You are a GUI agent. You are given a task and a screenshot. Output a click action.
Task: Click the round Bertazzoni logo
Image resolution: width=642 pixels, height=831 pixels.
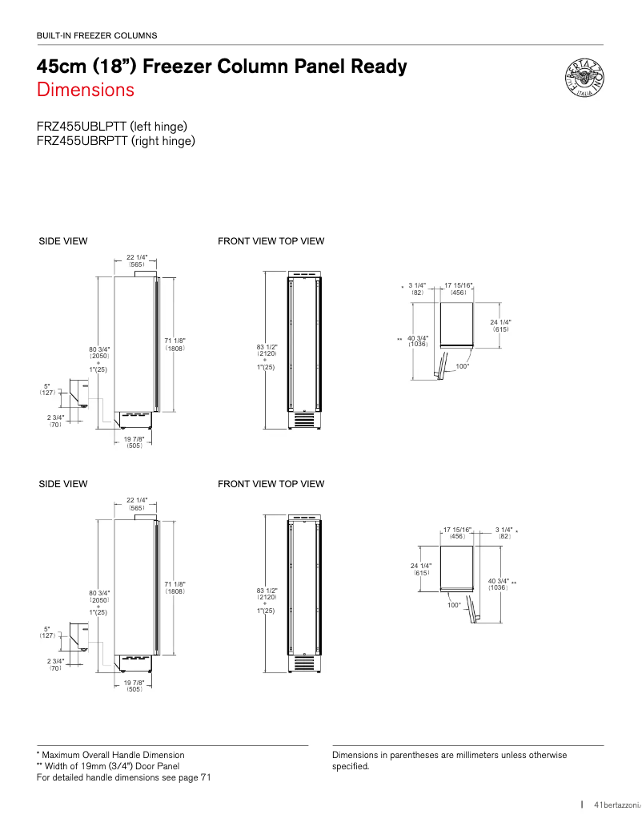[x=584, y=79]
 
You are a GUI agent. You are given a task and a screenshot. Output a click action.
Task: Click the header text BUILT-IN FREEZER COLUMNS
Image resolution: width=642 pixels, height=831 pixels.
[x=97, y=35]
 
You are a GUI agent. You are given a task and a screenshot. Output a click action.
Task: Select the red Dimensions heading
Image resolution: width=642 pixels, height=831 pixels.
[x=85, y=90]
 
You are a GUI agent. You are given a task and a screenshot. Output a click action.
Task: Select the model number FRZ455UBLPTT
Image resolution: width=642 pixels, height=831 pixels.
[x=82, y=127]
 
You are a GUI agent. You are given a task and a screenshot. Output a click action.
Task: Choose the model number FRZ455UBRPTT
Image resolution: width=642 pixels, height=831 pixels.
[x=82, y=141]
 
